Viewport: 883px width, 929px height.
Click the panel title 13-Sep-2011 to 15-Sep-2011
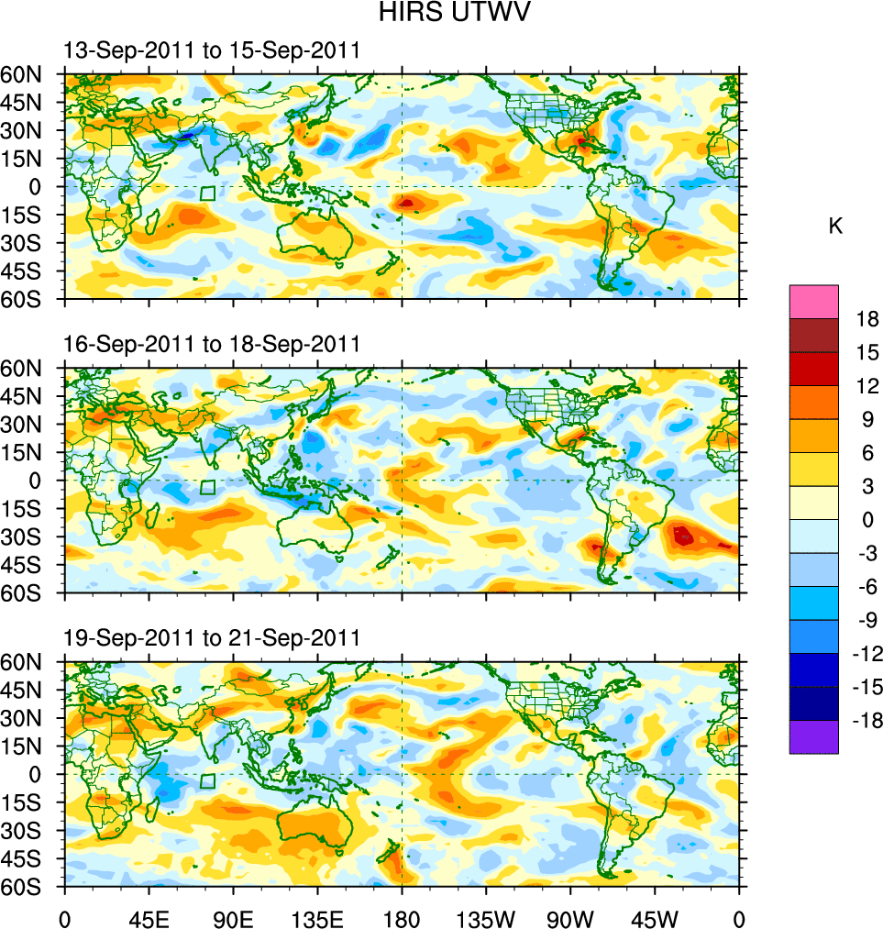[211, 51]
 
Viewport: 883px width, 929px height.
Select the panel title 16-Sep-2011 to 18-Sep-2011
[211, 345]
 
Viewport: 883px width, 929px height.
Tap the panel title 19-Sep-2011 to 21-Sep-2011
[211, 638]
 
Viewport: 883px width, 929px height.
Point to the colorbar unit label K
[835, 227]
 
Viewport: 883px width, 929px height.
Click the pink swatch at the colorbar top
[813, 301]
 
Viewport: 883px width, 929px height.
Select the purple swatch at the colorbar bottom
[813, 737]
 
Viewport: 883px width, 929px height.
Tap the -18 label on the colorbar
[865, 722]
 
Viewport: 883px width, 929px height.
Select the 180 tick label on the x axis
[402, 917]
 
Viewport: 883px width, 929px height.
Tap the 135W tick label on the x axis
[485, 917]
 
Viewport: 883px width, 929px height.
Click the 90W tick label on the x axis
[570, 917]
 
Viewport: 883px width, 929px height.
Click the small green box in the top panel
[207, 194]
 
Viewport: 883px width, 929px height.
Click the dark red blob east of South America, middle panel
[682, 535]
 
